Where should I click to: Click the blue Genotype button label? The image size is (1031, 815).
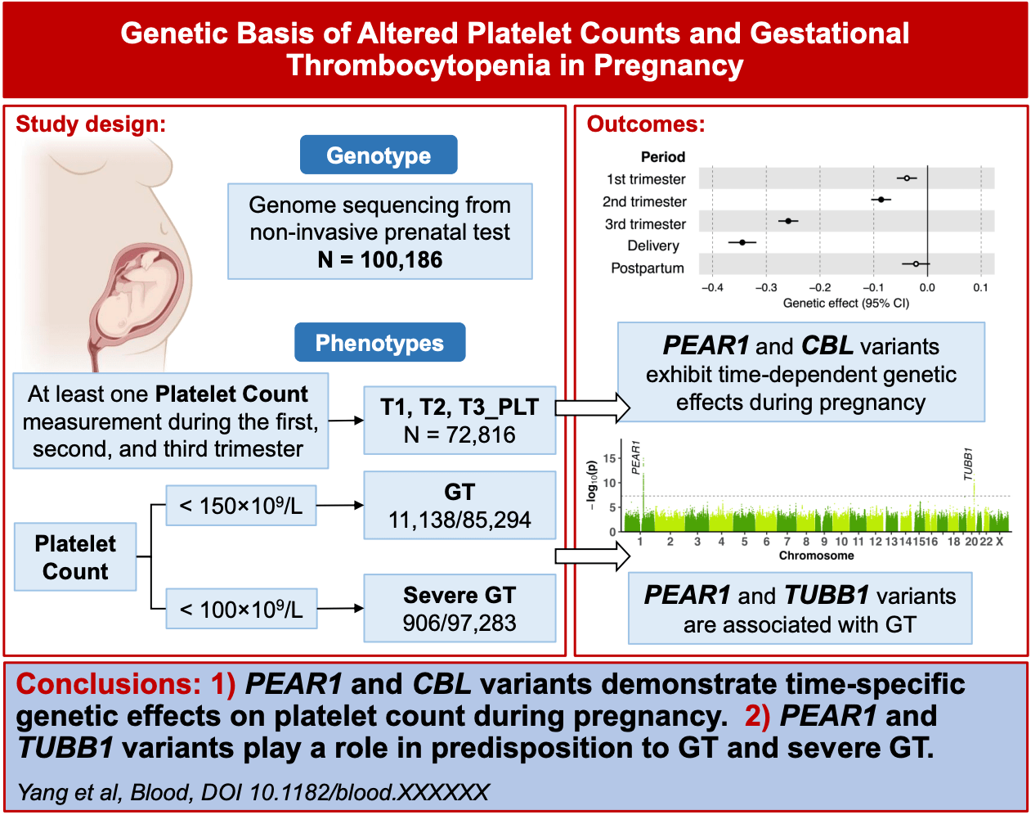pos(378,155)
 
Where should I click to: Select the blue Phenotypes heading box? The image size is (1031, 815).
pos(379,343)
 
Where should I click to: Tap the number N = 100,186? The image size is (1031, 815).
pos(380,260)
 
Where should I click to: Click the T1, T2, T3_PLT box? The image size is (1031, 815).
pos(459,421)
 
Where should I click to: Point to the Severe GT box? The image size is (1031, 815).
pos(459,608)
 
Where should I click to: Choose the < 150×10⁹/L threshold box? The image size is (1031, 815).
pos(241,506)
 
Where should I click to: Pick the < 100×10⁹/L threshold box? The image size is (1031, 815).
pos(241,610)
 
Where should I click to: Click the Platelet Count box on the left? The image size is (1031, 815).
pos(75,557)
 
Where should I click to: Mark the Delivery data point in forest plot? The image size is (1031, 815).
pos(742,242)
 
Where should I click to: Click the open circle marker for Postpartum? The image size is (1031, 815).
pos(916,264)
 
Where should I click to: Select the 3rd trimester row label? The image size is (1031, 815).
pos(645,224)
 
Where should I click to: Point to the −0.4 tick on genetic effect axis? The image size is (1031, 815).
pos(712,288)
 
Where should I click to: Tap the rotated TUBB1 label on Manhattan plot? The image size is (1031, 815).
pos(968,463)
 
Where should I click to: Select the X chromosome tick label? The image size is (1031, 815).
pos(999,542)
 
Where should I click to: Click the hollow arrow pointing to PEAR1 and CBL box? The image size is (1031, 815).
pos(593,407)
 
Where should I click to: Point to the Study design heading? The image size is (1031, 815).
pos(91,124)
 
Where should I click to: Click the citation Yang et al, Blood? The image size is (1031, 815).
pos(253,792)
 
